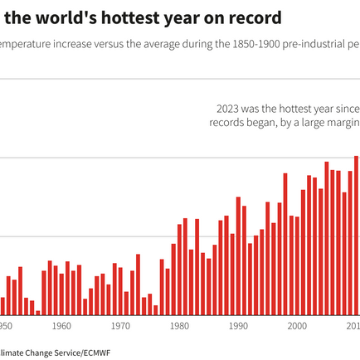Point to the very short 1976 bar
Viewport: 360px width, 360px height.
[x=155, y=311]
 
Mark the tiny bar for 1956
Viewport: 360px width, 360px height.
[x=38, y=311]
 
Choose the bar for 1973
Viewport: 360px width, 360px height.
[x=138, y=285]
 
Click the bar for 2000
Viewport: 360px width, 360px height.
[x=297, y=266]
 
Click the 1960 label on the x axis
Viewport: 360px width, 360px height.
[x=61, y=327]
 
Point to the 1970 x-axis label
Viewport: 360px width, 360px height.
[x=120, y=327]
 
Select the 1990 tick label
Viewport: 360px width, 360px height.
[x=238, y=327]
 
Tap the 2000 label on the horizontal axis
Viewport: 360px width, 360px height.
[x=297, y=327]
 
